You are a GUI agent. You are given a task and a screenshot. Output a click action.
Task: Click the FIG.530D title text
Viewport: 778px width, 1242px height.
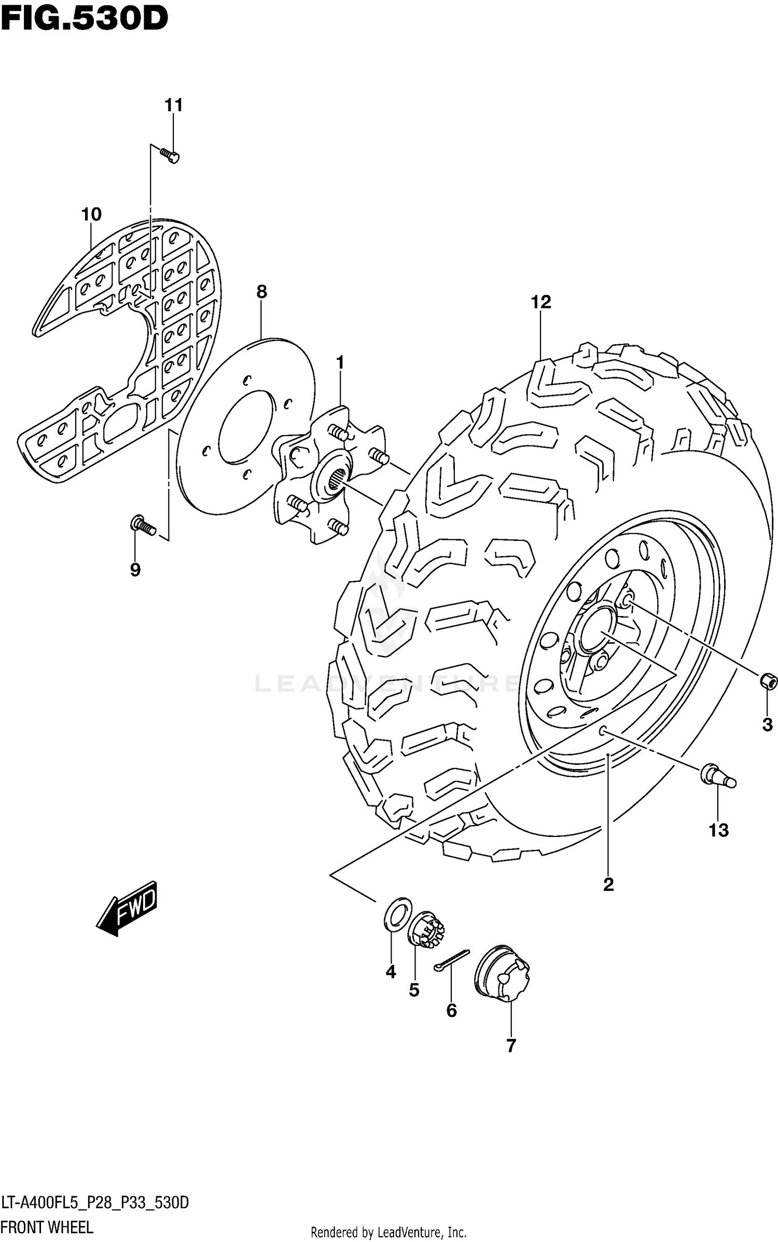[x=84, y=19]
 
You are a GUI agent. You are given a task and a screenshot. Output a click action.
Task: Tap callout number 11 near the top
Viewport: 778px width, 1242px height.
[x=174, y=105]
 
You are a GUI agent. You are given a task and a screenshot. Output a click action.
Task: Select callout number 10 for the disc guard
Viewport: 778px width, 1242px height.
[x=91, y=214]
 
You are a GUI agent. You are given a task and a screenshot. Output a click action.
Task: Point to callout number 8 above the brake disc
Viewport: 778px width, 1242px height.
[x=261, y=292]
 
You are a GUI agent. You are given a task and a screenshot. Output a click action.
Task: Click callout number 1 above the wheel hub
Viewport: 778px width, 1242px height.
[x=340, y=362]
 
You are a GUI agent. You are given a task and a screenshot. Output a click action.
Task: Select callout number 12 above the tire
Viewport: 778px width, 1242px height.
[x=540, y=302]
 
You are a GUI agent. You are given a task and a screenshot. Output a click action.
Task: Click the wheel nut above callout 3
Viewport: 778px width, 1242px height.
[x=768, y=681]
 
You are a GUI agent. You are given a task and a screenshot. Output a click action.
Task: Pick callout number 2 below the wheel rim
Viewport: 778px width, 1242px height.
[x=608, y=884]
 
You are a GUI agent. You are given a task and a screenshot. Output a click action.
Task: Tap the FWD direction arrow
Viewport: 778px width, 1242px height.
[x=127, y=908]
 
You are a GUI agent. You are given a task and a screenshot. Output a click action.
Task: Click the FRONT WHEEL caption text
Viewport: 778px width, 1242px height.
[x=47, y=1227]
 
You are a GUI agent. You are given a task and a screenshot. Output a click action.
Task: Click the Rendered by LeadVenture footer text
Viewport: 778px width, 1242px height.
[x=388, y=1232]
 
